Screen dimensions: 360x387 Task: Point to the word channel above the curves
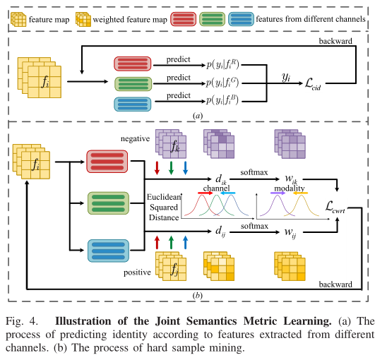pos(217,188)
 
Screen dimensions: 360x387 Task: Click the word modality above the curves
pos(290,188)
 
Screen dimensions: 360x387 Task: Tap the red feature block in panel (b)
pos(105,161)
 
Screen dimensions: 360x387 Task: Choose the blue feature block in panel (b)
pos(105,251)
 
